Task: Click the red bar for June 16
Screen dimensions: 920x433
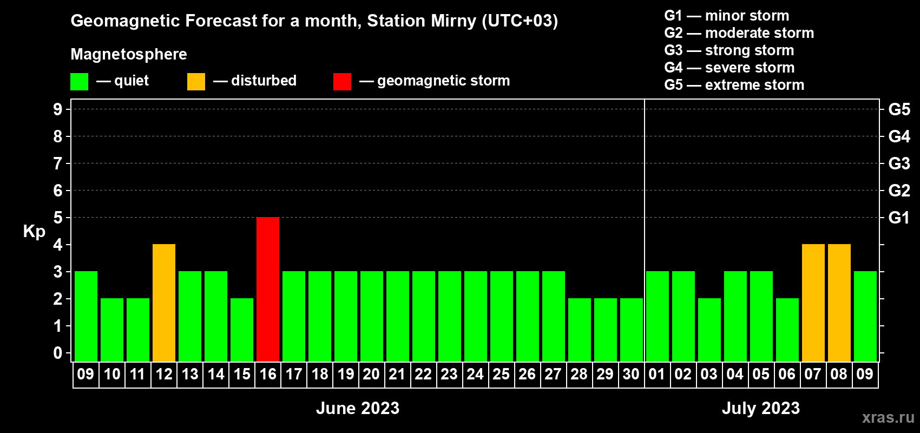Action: point(268,289)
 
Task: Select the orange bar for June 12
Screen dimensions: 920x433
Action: point(164,303)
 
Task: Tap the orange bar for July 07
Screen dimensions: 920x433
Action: point(813,303)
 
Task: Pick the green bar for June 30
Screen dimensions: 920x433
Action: point(631,330)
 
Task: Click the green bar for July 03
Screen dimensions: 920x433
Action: point(709,330)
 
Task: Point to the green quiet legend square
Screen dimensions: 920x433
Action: point(79,81)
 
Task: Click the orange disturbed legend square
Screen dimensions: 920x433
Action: point(196,81)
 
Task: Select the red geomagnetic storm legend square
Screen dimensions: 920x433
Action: point(342,81)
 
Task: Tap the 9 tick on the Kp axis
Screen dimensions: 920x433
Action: point(57,109)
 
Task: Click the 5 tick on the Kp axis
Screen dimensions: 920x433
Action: point(57,218)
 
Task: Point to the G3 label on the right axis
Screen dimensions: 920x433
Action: point(899,163)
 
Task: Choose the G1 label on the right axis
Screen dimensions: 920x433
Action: point(899,218)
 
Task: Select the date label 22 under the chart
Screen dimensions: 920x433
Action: point(423,374)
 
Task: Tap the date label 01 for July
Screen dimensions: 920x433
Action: point(657,374)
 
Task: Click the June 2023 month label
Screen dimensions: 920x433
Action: point(357,408)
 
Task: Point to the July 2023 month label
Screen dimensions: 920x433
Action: point(761,408)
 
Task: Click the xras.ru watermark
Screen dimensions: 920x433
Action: point(888,417)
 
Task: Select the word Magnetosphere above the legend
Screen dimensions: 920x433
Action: point(129,54)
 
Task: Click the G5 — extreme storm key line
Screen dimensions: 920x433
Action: point(734,85)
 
